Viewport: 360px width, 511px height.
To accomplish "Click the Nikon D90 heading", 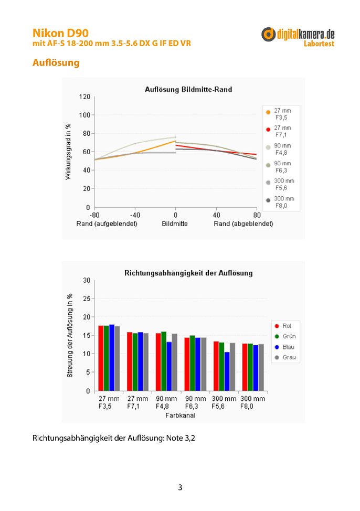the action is [60, 33].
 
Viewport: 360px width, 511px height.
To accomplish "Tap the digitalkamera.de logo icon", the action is [268, 35].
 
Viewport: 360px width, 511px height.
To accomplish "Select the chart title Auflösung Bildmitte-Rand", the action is [188, 89].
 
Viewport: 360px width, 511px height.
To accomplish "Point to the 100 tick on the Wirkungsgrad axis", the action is [84, 115].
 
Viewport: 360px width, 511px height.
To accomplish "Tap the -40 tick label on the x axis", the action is [135, 215].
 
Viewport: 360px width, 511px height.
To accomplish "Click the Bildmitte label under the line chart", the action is [175, 224].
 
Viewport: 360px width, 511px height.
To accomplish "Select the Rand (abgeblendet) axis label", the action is [243, 224].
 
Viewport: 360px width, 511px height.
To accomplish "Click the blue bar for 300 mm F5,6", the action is [227, 371].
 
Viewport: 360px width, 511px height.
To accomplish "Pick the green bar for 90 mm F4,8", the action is [164, 361].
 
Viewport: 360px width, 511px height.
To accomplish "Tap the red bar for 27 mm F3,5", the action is [101, 358].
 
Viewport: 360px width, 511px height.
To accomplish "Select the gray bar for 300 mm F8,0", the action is [261, 367].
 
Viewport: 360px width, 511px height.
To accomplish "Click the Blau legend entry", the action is [285, 347].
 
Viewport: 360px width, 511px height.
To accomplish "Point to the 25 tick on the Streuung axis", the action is [87, 299].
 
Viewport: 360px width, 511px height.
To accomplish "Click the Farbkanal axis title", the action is [181, 416].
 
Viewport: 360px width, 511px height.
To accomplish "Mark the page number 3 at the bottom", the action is [180, 487].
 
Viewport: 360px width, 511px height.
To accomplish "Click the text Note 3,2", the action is [181, 438].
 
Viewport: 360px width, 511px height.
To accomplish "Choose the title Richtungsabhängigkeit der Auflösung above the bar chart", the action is [188, 273].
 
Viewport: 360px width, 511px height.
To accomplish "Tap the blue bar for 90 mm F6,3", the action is [198, 364].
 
